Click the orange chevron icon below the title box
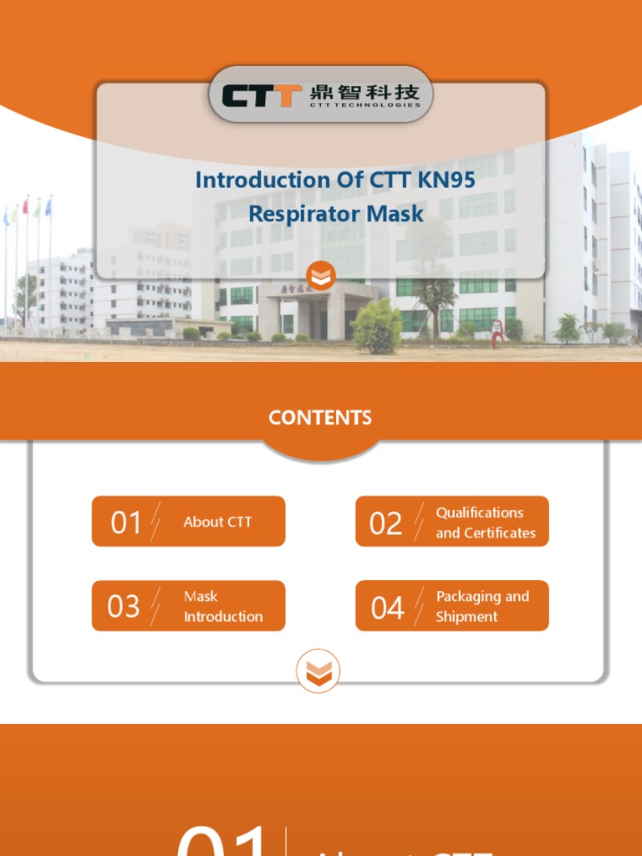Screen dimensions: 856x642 320,275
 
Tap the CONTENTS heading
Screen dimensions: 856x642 320,418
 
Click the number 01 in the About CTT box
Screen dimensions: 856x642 126,522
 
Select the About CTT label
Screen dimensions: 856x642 217,522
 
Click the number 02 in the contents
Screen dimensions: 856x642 385,523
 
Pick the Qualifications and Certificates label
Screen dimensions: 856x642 485,522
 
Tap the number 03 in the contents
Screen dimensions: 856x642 124,606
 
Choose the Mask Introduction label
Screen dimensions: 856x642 222,606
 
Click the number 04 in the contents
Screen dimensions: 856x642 387,608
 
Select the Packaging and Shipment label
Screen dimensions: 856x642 482,606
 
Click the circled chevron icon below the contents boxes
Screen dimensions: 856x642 318,670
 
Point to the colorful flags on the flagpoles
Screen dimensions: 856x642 28,208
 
